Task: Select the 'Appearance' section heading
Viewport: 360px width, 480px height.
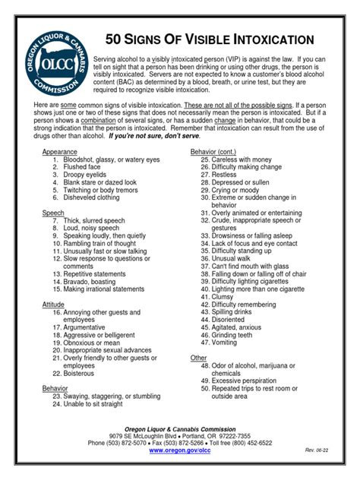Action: point(59,152)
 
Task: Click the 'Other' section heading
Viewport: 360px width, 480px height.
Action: point(198,357)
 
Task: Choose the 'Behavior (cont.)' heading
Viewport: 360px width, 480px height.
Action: point(216,152)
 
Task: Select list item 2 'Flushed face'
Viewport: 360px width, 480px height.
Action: point(83,168)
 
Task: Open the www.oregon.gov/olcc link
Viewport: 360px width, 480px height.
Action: point(179,450)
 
